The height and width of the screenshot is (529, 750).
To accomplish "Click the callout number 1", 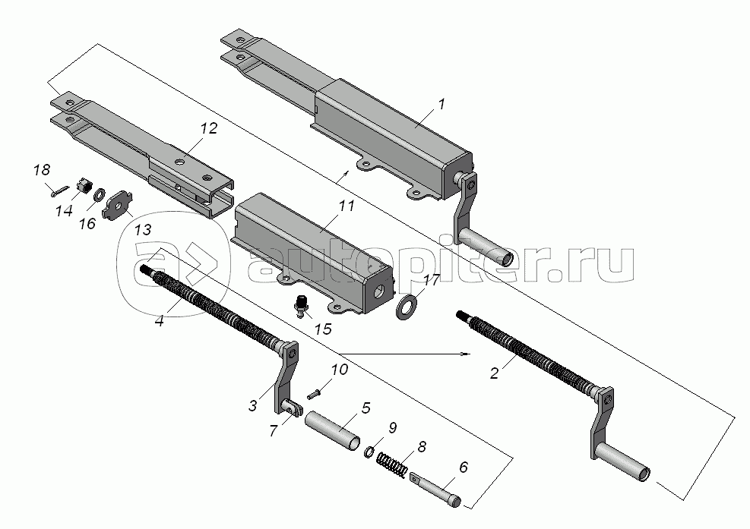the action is [x=441, y=104].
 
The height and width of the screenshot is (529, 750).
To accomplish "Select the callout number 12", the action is [x=208, y=128].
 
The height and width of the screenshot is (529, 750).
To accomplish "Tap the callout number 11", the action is [x=347, y=206].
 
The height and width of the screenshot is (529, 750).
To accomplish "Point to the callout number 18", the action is [x=42, y=170].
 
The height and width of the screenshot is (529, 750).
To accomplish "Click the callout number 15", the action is [x=324, y=329].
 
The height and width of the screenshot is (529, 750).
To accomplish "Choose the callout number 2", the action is [x=494, y=373].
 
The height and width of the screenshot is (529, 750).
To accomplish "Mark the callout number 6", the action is [x=463, y=467].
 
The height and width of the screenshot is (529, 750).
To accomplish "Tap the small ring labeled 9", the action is [x=369, y=452].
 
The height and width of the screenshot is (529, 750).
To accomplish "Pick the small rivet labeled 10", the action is [x=314, y=394].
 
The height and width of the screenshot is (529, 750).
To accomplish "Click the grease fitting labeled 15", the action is [x=302, y=305].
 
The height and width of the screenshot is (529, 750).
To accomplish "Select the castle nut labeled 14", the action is [x=84, y=185].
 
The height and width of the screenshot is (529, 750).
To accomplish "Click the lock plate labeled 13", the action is [x=117, y=206].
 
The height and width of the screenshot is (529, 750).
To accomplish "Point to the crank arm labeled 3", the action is [x=286, y=377].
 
